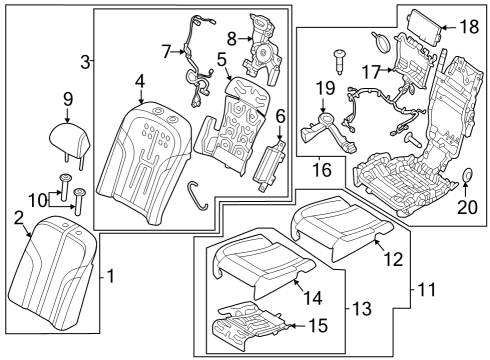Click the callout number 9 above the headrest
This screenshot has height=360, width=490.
point(68,99)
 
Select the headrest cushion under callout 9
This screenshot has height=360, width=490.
point(70,139)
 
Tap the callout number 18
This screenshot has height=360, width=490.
point(470,27)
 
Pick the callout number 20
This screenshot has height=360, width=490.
point(467,207)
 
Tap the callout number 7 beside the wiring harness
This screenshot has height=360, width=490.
point(167,52)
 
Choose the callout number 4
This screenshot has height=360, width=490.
point(140,81)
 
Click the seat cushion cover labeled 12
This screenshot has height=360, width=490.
point(342,228)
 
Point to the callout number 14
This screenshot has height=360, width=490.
point(312,298)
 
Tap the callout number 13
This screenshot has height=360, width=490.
point(362,309)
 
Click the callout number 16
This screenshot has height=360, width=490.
point(322,169)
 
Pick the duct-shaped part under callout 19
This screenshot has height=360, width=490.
point(328,133)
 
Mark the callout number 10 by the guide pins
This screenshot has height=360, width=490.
point(38,201)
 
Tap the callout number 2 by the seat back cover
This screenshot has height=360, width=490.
point(19,218)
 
